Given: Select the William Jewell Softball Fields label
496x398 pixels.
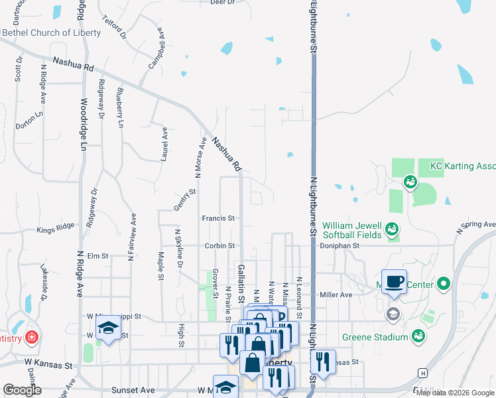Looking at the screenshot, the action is click(352, 230).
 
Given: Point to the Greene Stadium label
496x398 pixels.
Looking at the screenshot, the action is click(375, 337).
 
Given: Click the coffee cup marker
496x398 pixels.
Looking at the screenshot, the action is click(394, 281).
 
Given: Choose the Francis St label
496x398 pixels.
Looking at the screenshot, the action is click(219, 218).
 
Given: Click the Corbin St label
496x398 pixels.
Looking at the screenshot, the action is click(219, 245).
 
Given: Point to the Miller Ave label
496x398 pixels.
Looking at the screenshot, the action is click(336, 295).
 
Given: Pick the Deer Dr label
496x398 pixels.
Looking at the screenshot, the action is click(223, 3).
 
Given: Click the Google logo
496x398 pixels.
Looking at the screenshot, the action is click(22, 390).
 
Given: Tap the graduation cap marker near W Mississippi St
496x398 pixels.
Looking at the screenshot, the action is click(107, 327).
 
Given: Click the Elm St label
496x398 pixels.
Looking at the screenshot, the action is click(97, 255).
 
